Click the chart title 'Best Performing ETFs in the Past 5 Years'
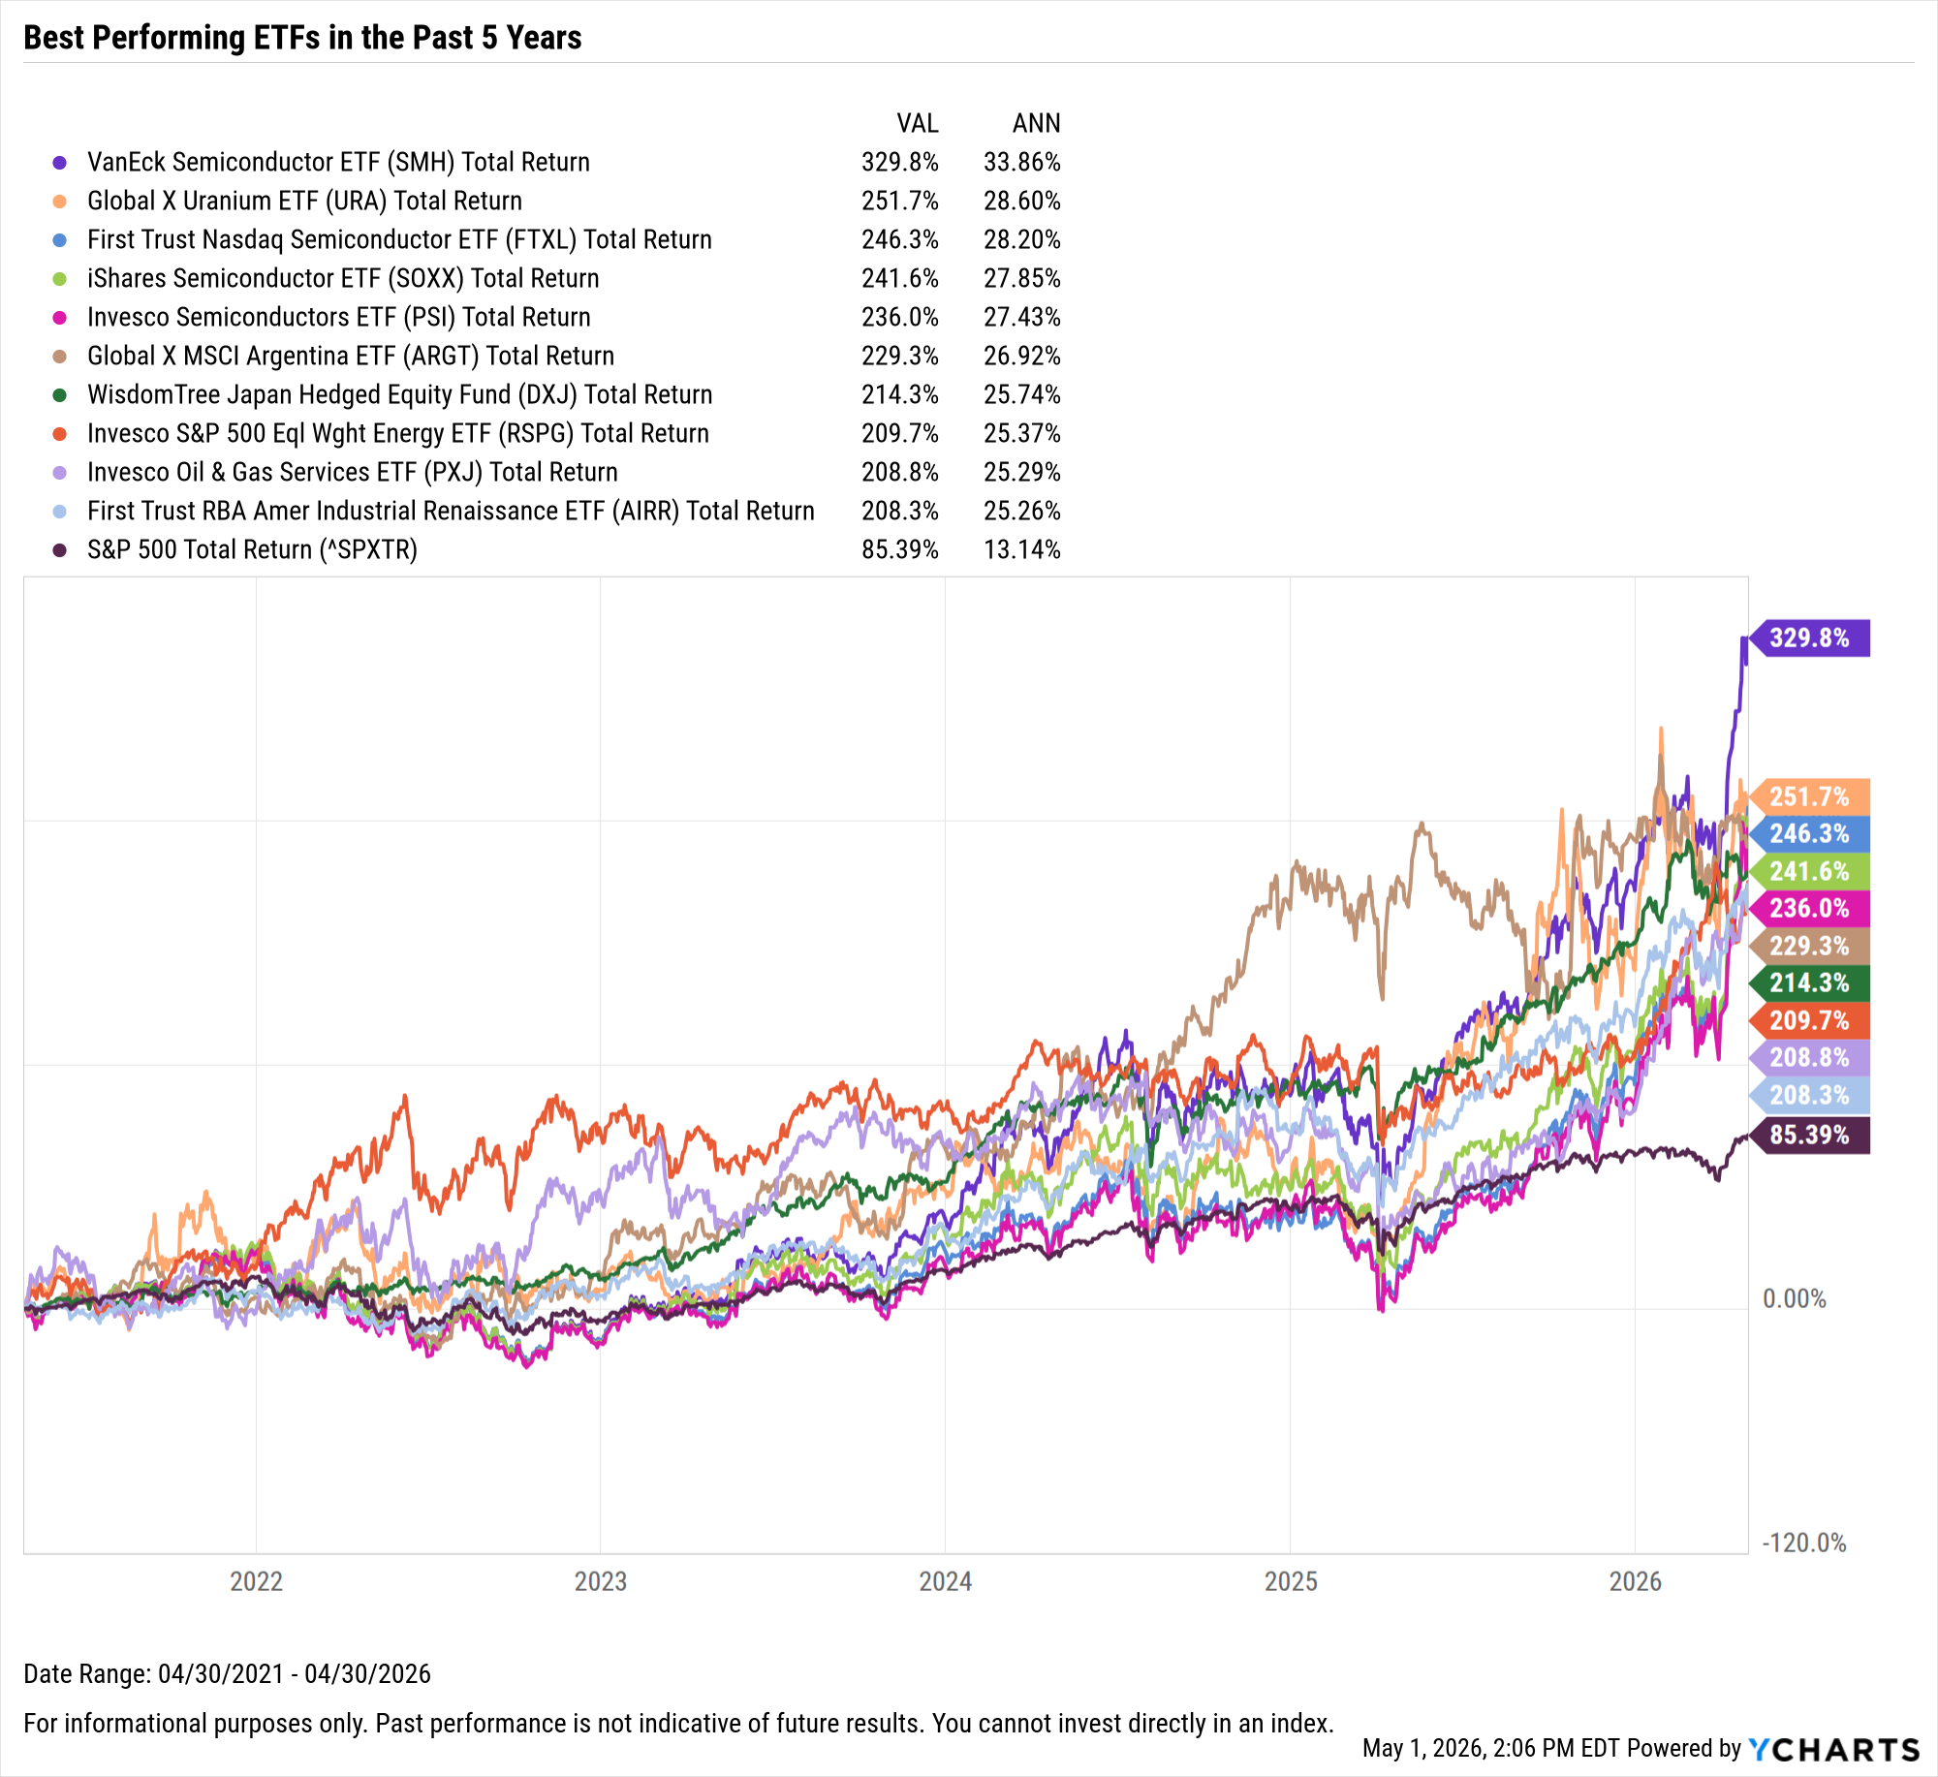[x=302, y=38]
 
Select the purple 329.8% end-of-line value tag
[x=1810, y=638]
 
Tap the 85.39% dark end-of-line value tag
[x=1810, y=1135]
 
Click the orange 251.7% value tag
[x=1810, y=796]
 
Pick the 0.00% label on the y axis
[x=1795, y=1298]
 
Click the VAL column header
[x=918, y=123]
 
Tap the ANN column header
[x=1037, y=123]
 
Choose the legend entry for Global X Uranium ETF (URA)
[x=304, y=201]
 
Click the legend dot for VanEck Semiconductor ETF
[x=60, y=163]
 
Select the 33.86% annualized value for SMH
[x=1022, y=162]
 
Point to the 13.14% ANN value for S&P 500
[x=1022, y=549]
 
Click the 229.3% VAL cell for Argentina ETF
[x=900, y=356]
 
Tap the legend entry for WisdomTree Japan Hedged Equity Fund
[x=399, y=394]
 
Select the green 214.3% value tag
[x=1810, y=982]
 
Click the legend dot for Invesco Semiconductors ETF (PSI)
[x=60, y=318]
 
